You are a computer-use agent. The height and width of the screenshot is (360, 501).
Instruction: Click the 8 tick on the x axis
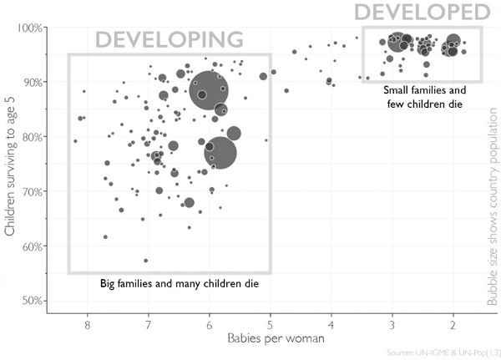pos(87,322)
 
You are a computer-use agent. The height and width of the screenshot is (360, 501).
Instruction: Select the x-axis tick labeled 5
pos(270,322)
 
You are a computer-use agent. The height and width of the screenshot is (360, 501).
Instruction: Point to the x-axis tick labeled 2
pos(453,322)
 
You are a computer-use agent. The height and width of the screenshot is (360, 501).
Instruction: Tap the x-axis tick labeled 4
pos(331,322)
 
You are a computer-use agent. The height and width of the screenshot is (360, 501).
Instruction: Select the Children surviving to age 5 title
pos(11,163)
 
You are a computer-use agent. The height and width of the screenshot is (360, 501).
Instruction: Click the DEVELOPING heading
pos(169,40)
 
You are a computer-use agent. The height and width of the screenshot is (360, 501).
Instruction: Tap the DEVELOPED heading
pos(421,12)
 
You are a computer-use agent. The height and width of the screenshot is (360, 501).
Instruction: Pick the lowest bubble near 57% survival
pos(145,261)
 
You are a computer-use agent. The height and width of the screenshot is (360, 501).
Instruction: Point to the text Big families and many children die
pos(180,284)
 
